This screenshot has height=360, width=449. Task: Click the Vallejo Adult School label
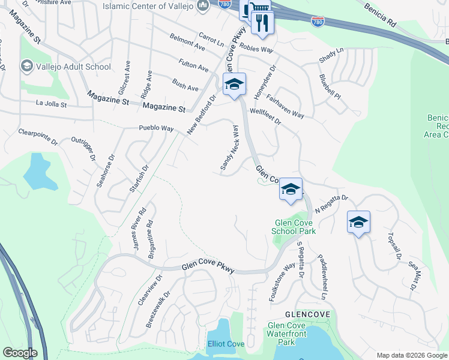[x=69, y=66]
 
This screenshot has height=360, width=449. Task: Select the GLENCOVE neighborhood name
[x=292, y=314]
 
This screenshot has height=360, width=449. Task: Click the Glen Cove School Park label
[x=294, y=226]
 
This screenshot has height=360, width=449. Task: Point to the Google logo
[x=20, y=352]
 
